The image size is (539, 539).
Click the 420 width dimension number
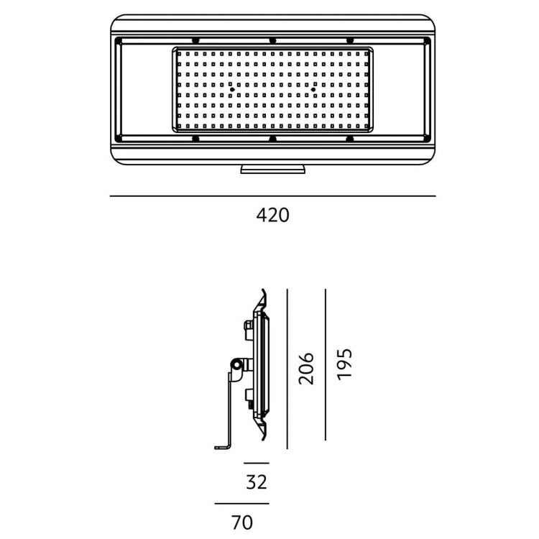pos(272,216)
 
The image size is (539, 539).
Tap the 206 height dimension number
pos(306,369)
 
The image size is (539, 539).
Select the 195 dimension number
pos(344,364)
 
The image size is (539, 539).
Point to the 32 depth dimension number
pos(257,482)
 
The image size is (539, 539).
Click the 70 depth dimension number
pos(242,522)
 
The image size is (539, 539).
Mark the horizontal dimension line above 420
pos(273,196)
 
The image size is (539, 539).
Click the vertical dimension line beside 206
pos(287,369)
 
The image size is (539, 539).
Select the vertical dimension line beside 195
pos(325,364)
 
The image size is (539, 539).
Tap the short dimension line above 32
pos(257,464)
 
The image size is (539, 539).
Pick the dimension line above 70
pos(242,504)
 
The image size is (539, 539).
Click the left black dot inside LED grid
pos(232,90)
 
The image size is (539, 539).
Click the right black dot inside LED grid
pos(313,90)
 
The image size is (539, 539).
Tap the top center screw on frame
pos(272,41)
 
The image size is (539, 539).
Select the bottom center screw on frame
pos(272,139)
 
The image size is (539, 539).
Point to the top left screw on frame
pos(195,41)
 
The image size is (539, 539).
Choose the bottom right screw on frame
pos(349,139)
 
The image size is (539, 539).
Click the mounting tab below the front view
pos(272,169)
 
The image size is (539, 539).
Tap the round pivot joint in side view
pos(236,364)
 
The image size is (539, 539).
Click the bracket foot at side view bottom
pos(223,447)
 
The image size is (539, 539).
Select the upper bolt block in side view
pos(249,330)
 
